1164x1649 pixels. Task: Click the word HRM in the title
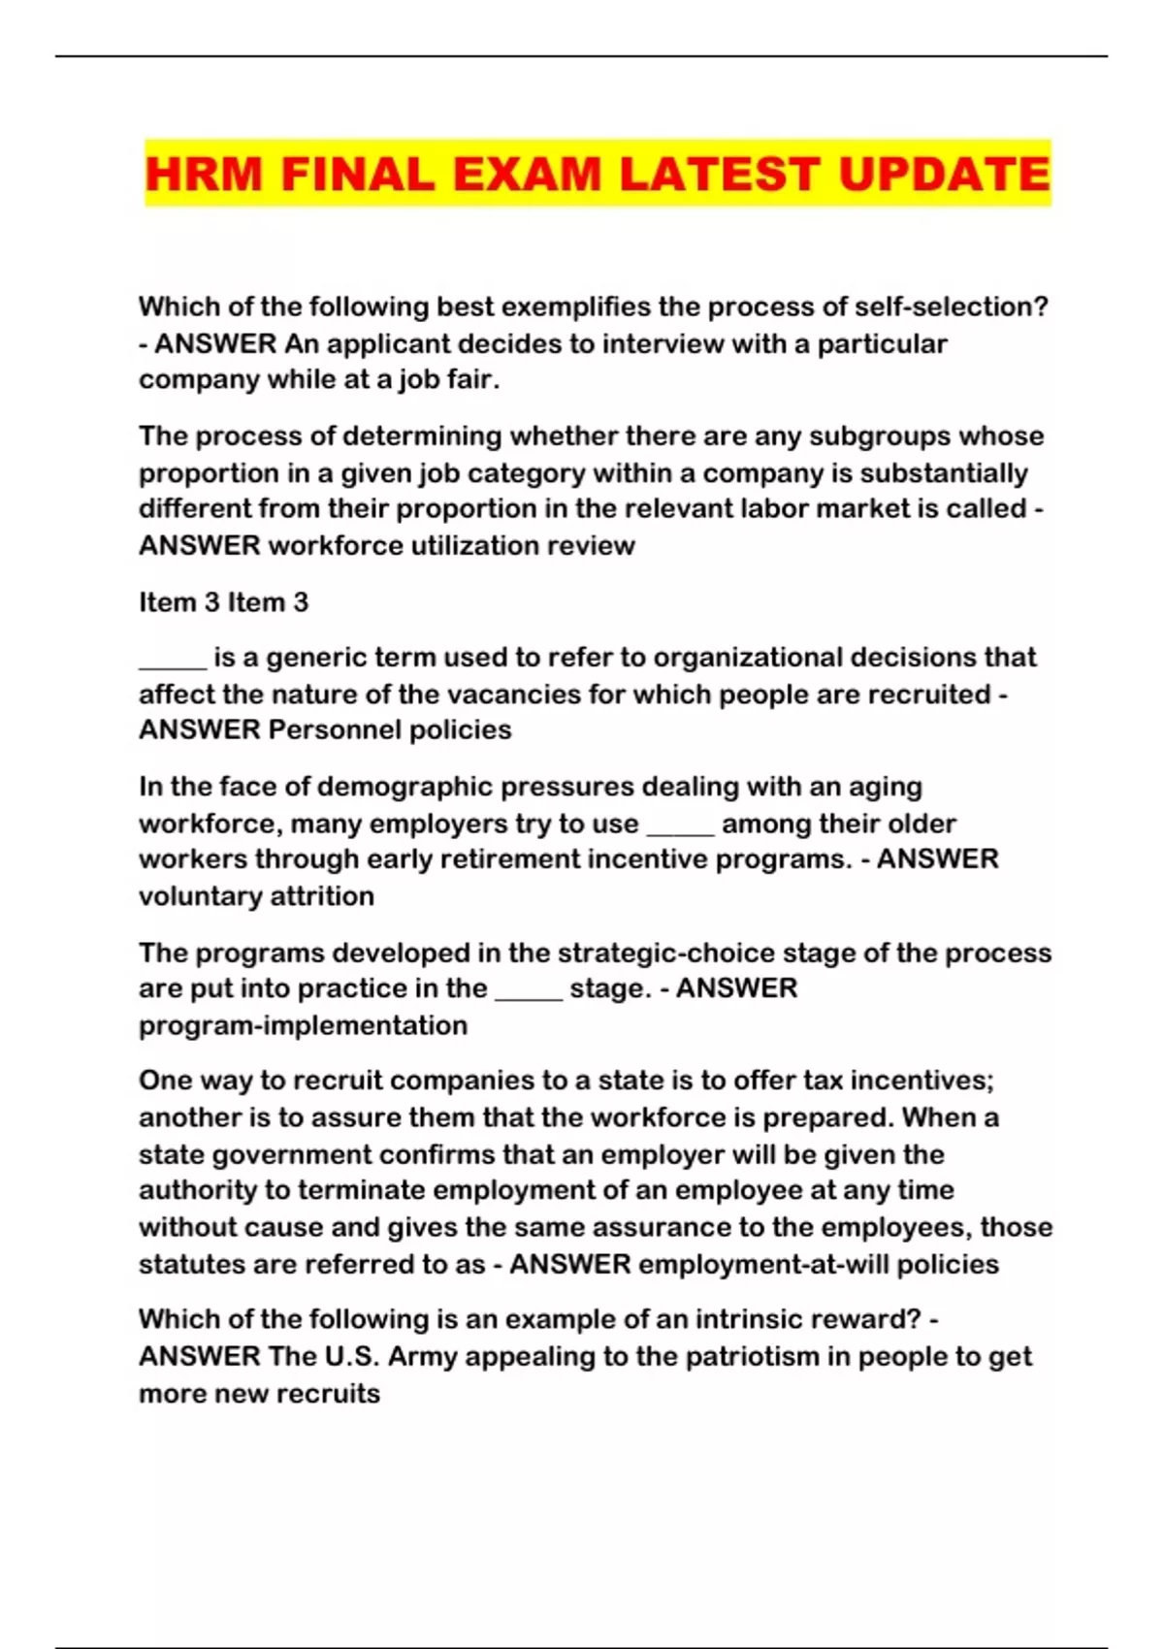click(x=204, y=175)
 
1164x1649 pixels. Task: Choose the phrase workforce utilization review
click(x=451, y=545)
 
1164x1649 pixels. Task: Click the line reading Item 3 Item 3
click(x=223, y=602)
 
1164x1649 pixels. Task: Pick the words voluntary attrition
click(x=256, y=895)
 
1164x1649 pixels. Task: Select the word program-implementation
click(x=303, y=1025)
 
